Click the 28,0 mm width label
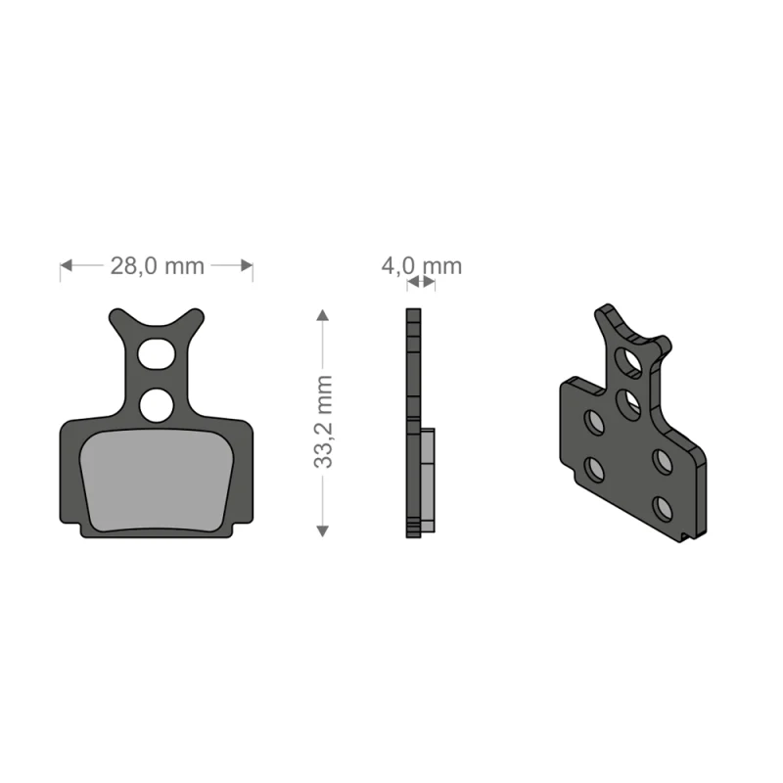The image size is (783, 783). point(157,265)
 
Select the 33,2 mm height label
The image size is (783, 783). point(324,421)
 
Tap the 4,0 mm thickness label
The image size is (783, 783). point(421,265)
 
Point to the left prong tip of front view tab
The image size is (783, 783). point(115,317)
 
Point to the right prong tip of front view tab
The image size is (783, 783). point(196,317)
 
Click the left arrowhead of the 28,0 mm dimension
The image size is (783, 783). point(67,265)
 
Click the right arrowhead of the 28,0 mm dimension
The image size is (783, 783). point(247,265)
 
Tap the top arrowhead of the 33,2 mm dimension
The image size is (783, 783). point(323,314)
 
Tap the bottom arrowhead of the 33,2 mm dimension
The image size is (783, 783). point(323,530)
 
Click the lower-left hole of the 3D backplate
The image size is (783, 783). point(594,470)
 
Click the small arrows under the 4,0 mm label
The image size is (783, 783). point(421,282)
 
